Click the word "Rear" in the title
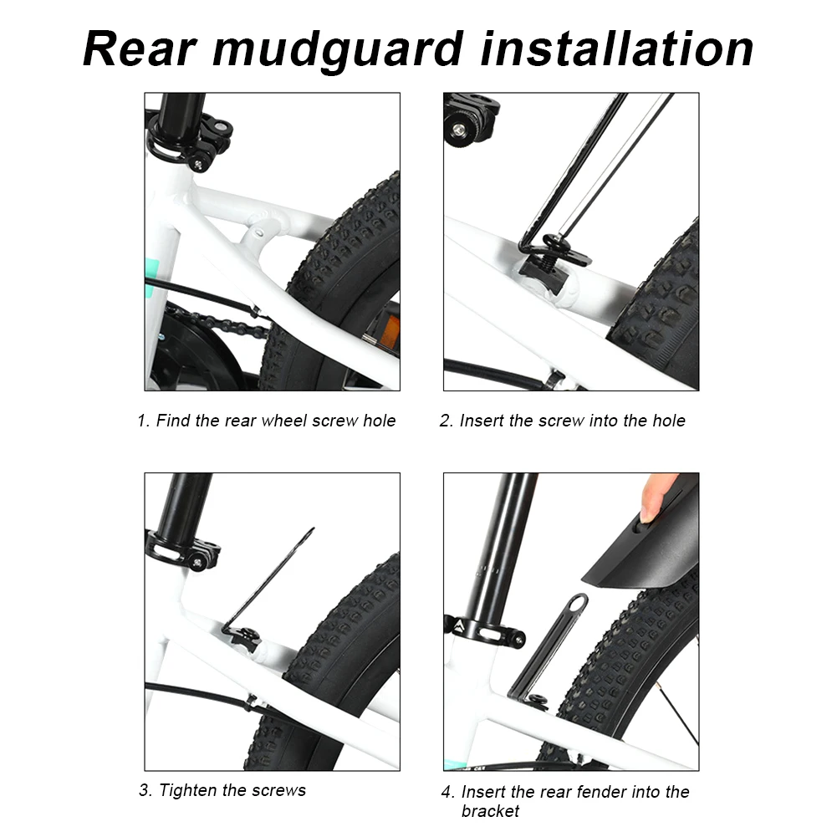(x=140, y=49)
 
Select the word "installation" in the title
(x=616, y=49)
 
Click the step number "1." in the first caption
(x=142, y=421)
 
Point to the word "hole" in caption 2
(x=668, y=421)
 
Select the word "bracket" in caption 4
(x=490, y=811)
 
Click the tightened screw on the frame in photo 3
(x=249, y=635)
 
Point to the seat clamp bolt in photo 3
(x=197, y=562)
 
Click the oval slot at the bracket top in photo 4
(x=577, y=603)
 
